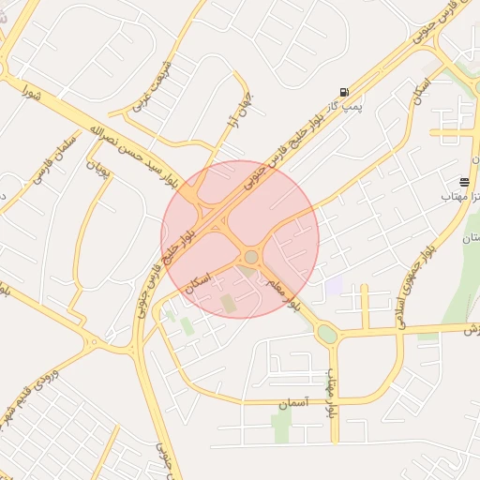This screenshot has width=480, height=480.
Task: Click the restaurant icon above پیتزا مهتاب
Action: pos(465,181)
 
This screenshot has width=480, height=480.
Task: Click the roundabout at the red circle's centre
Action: pos(251,257)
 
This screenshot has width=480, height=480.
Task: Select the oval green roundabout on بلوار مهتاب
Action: pos(326,333)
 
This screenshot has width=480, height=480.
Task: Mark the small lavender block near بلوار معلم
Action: pos(334,285)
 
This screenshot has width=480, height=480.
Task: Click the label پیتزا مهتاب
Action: pos(461,199)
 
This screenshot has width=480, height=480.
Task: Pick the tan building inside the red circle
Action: pos(228,303)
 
